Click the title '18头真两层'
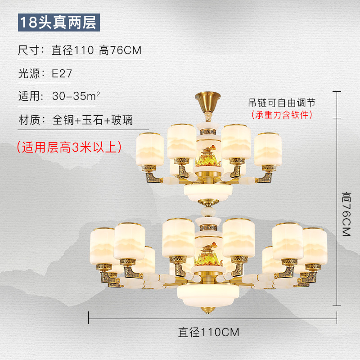click(58, 23)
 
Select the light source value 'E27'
click(62, 74)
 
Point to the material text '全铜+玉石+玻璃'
click(92, 121)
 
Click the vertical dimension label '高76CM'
click(346, 214)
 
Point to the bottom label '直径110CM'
click(208, 333)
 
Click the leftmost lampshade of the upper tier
click(150, 148)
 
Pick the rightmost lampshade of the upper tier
click(268, 148)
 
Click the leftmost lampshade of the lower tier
click(103, 246)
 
